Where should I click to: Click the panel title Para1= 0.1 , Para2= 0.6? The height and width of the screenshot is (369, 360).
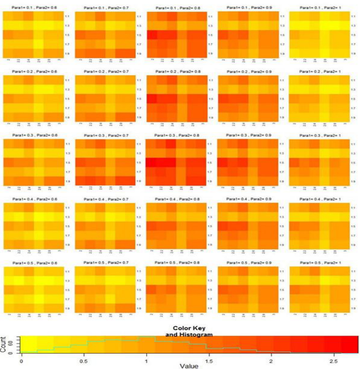pos(34,7)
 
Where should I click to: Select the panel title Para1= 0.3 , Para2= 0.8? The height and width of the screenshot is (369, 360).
pos(177,135)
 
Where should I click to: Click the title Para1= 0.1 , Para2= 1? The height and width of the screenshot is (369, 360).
pos(320,7)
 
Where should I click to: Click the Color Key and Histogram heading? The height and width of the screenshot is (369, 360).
pos(189,331)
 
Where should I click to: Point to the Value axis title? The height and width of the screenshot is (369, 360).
pos(189,366)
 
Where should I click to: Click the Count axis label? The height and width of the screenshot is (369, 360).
pos(3,344)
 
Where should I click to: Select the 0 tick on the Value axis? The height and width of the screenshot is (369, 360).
pos(21,361)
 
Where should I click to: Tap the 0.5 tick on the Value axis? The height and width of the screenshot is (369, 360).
pos(84,361)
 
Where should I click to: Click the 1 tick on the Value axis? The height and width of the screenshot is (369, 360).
pos(146,361)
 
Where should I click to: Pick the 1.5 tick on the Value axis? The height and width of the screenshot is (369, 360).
pos(209,361)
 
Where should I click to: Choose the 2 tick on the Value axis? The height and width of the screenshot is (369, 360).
pos(271,361)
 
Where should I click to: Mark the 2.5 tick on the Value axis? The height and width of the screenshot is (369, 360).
pos(333,361)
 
